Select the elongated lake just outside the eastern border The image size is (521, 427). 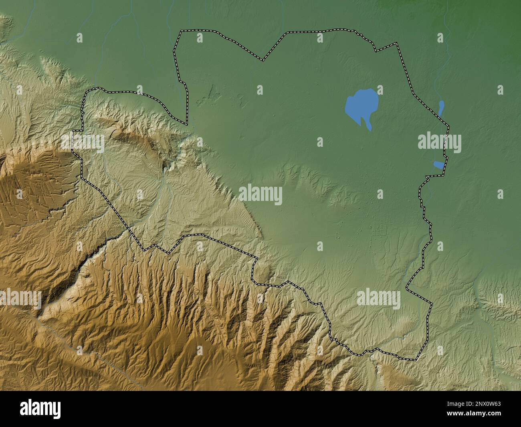coord(441,108)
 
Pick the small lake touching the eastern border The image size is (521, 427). coord(439,164)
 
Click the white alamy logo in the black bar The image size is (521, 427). coord(41,409)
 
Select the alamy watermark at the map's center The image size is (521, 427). coord(260,195)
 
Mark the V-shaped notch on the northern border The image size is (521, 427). coord(263,60)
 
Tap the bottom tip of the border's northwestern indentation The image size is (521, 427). coord(186,123)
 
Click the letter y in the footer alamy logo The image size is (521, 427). coord(57,410)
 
